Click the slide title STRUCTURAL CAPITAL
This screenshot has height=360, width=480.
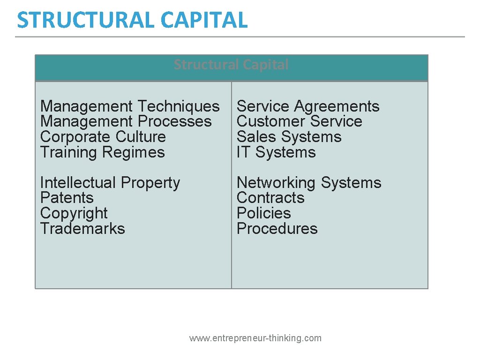tap(132, 20)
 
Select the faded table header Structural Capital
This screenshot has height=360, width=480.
tap(231, 65)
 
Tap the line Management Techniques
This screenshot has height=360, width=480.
tap(130, 106)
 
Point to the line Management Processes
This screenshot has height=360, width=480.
tap(126, 121)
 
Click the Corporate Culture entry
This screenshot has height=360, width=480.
tap(103, 137)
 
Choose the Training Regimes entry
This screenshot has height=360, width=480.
tap(102, 152)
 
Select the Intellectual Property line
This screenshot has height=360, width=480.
tap(110, 182)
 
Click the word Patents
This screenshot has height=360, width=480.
tap(67, 198)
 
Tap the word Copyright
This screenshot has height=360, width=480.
tap(74, 213)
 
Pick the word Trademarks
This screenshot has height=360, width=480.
tap(82, 229)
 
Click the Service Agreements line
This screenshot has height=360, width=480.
tap(308, 106)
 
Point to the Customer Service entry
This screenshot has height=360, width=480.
tap(299, 121)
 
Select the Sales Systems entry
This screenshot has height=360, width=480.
tap(289, 137)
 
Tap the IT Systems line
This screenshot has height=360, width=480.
tap(276, 152)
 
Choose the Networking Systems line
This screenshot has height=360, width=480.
tap(309, 182)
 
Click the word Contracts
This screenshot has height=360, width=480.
tap(270, 198)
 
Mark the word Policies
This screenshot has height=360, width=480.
tap(263, 213)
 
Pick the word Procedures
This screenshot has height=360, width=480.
tap(277, 229)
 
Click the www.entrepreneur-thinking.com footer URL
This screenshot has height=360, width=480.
tap(255, 338)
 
